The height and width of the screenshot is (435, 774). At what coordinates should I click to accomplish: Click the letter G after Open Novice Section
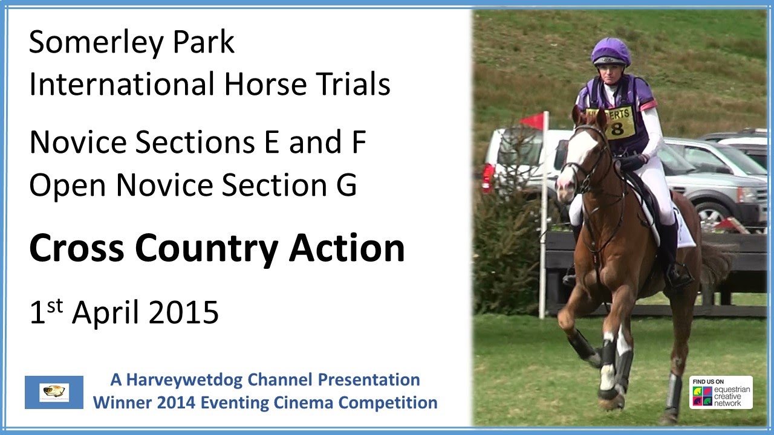[346, 185]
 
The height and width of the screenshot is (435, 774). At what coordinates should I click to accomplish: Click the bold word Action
[346, 248]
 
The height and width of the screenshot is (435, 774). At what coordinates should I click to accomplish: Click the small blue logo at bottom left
[54, 392]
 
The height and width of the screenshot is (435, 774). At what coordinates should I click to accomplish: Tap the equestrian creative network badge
[721, 392]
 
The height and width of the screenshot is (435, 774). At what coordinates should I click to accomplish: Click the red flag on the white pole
[533, 121]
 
